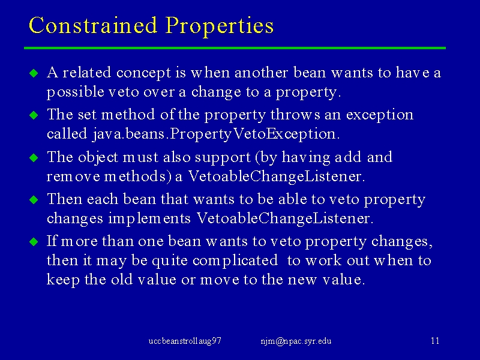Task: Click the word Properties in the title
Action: (x=220, y=26)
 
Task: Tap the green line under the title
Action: (x=235, y=48)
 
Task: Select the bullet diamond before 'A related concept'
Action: (x=34, y=73)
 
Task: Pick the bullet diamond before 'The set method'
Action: (x=34, y=115)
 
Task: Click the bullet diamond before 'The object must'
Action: (x=34, y=158)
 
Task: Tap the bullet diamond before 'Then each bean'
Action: (x=34, y=200)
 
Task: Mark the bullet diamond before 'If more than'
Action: (x=34, y=242)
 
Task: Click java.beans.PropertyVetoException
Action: (x=216, y=134)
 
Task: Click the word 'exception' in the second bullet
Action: (x=380, y=115)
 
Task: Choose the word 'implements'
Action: (x=149, y=219)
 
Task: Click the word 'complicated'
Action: (x=235, y=261)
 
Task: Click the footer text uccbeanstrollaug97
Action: (x=185, y=341)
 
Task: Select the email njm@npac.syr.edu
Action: (x=296, y=341)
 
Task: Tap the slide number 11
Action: (x=435, y=341)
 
